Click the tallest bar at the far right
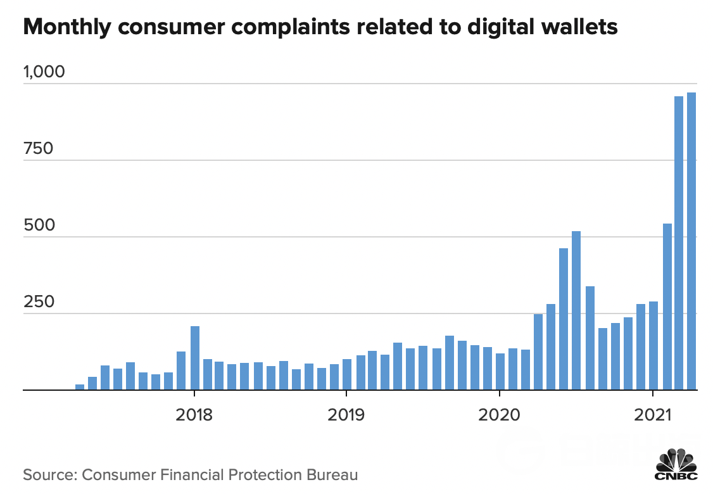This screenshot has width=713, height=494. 691,241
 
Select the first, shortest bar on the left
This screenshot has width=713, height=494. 80,387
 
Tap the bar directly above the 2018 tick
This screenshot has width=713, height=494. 195,358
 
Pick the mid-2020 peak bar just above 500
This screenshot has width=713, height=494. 576,310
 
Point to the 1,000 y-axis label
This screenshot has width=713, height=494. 44,72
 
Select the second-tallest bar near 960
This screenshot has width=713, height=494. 679,243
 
